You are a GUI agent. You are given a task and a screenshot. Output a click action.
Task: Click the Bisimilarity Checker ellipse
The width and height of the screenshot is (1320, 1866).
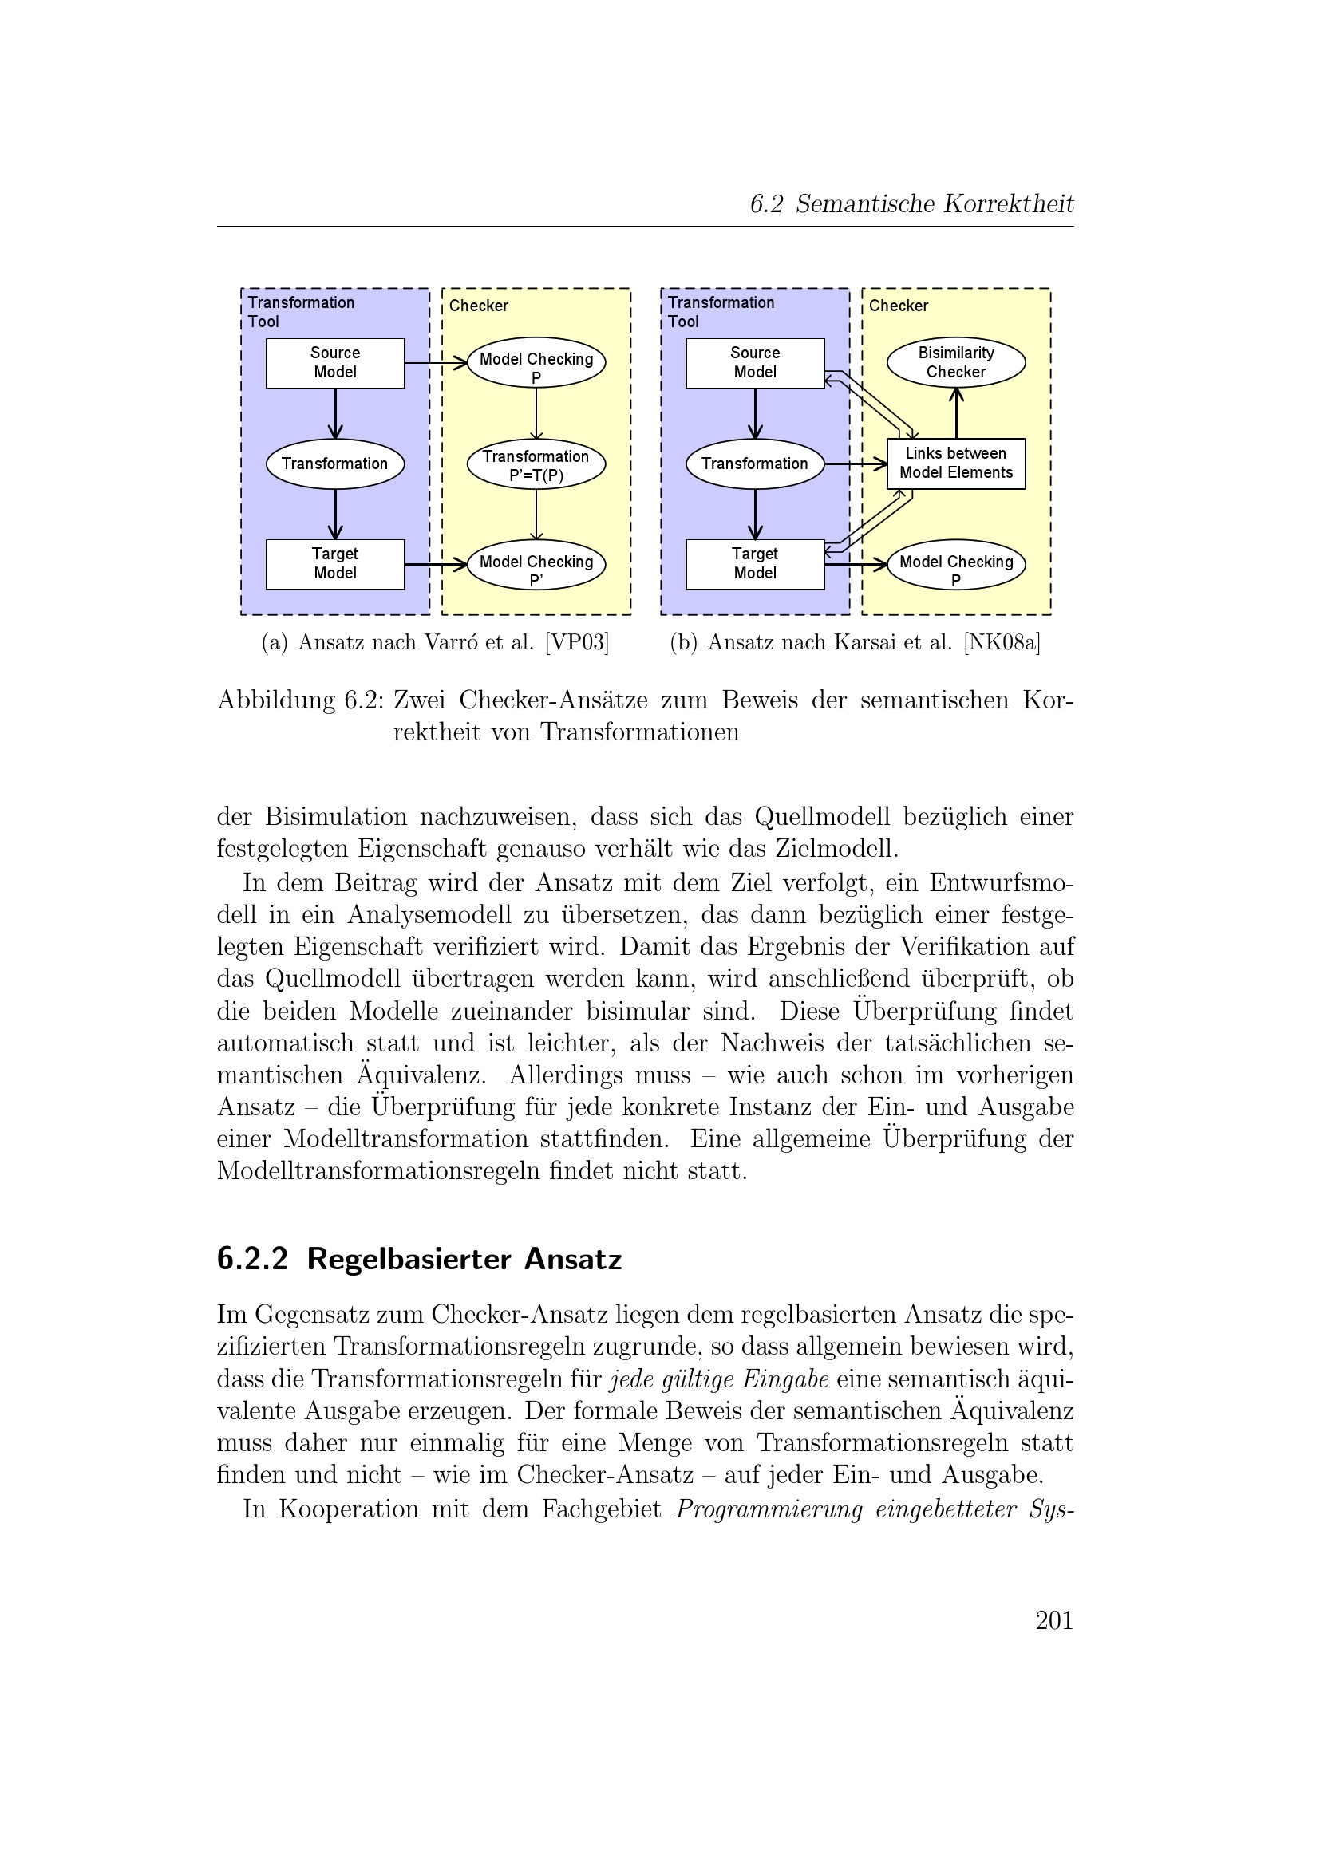point(955,362)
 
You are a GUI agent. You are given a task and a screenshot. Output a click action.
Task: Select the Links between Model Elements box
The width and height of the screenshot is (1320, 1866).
point(955,464)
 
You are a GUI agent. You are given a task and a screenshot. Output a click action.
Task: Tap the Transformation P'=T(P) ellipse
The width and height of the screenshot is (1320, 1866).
point(536,465)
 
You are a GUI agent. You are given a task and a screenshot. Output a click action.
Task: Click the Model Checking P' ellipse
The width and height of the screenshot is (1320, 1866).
point(536,565)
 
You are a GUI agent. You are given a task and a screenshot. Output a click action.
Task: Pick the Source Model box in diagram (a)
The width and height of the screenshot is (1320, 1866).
point(335,363)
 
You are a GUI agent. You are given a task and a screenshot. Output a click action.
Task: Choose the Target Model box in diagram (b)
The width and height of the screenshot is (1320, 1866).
point(754,564)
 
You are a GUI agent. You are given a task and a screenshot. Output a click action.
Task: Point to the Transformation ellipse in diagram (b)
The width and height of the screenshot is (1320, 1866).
point(754,464)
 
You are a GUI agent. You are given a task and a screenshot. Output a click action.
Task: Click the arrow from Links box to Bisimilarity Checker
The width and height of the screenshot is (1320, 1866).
point(956,415)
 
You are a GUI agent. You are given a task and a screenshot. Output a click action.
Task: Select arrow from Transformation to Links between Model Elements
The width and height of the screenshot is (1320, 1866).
point(855,464)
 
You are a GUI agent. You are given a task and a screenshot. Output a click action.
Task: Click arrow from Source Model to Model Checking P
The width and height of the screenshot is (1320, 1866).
point(436,363)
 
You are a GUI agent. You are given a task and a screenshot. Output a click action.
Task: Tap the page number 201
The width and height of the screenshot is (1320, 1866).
point(1053,1619)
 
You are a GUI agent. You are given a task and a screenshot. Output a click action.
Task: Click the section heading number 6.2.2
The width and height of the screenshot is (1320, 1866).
point(252,1259)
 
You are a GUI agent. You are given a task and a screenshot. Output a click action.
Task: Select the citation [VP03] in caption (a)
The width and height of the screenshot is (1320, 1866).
point(577,643)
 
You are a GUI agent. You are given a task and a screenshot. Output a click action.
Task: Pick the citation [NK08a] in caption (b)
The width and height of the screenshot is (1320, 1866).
point(1002,643)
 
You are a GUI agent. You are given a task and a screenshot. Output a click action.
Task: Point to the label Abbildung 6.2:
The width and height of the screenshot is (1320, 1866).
point(300,700)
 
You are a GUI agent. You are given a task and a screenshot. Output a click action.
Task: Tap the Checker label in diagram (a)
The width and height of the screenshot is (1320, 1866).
point(478,306)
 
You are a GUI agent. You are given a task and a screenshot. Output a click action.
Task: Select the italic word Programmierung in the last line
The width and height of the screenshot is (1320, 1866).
point(768,1509)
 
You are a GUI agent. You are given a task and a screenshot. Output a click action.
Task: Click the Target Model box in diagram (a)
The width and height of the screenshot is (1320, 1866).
point(335,564)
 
